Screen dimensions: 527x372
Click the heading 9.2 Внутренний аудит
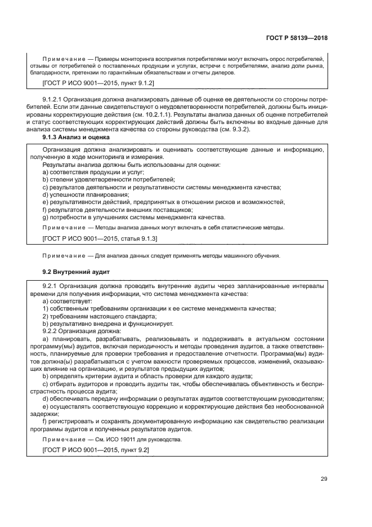coord(76,272)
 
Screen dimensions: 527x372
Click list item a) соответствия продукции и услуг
coord(93,172)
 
